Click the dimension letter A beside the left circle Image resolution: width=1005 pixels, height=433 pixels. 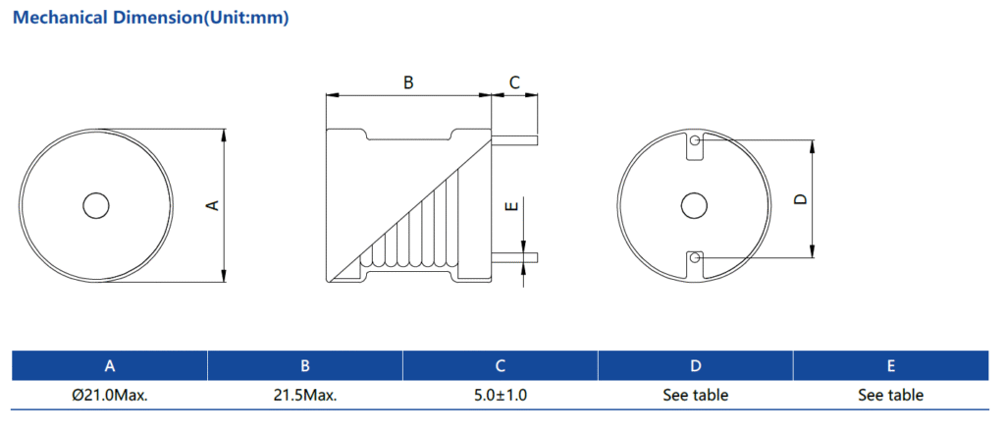coord(211,205)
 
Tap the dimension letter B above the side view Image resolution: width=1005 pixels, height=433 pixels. coord(408,83)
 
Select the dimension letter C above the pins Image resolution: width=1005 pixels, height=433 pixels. coord(514,83)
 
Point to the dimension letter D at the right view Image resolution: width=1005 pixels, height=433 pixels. coord(800,199)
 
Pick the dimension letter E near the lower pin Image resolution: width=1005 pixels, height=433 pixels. coord(509,207)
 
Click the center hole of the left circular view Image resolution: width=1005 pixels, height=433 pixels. coord(96,205)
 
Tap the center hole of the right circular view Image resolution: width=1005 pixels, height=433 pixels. coord(694,205)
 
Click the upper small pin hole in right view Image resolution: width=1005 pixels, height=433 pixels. coord(695,141)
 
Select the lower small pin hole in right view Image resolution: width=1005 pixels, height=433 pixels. coord(695,258)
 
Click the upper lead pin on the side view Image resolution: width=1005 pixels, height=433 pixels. coord(514,140)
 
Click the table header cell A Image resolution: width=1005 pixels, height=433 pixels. coord(110,366)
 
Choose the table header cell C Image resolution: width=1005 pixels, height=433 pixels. coord(501,366)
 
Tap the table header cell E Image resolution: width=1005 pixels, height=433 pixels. coord(890,366)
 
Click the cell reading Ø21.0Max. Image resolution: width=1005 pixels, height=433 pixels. coord(110,395)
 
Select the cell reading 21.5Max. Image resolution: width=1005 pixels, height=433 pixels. coord(305,395)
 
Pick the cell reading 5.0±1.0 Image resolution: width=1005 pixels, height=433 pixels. coord(501,395)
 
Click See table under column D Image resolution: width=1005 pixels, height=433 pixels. coord(695,395)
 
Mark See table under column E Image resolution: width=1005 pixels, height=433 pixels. coord(890,395)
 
